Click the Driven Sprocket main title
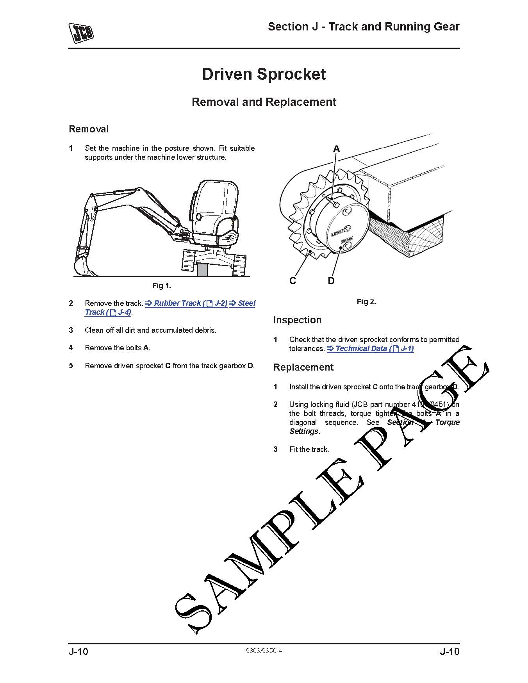[x=264, y=74]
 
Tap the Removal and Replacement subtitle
[x=264, y=102]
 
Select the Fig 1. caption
[x=161, y=285]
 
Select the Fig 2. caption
[x=366, y=301]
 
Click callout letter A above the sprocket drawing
[x=336, y=149]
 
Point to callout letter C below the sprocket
[x=293, y=280]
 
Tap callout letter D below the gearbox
[x=331, y=280]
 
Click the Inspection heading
[x=297, y=320]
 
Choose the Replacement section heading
[x=303, y=367]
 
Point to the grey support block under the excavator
[x=202, y=269]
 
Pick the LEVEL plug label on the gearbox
[x=337, y=233]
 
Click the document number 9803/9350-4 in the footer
[x=264, y=651]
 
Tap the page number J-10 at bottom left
[x=78, y=651]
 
